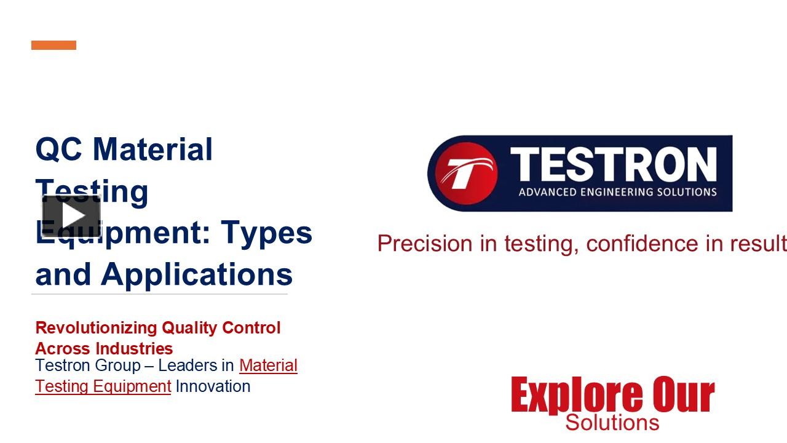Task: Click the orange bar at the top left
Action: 53,45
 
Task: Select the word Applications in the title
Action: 197,274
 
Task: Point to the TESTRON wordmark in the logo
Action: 614,164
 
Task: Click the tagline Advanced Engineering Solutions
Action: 617,192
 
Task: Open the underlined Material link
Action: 268,365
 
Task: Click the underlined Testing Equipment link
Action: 103,386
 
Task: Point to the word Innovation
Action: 213,386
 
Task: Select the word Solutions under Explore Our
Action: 612,423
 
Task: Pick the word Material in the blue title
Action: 153,150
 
